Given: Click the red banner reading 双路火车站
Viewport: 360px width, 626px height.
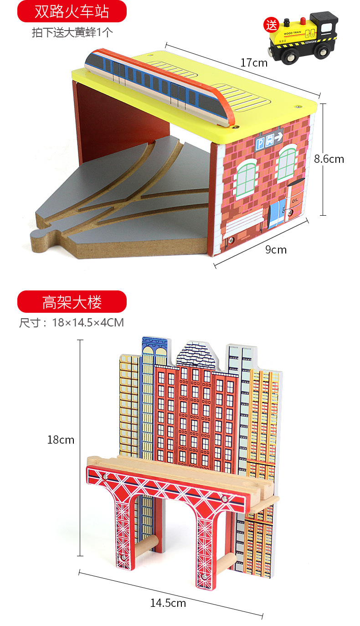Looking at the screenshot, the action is point(72,11).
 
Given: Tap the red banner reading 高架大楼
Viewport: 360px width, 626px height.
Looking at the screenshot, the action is point(72,301).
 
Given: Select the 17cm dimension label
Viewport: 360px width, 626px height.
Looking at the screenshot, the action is point(254,62).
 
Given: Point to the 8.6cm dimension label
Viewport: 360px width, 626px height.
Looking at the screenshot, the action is point(329,159).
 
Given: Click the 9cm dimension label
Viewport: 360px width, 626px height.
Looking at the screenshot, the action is point(276,249).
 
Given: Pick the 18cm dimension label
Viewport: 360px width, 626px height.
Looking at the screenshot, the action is point(61,440).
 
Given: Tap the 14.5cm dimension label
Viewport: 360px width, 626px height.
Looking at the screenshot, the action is point(168,603).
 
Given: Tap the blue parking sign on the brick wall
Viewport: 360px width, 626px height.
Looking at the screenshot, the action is point(269,138).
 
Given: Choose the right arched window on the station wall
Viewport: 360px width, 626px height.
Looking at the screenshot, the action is point(288,164).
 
